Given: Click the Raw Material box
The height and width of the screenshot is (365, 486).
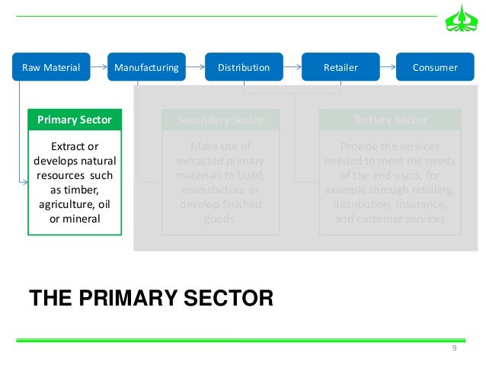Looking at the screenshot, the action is [51, 67].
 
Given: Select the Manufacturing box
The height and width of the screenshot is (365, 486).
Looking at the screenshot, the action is [146, 67].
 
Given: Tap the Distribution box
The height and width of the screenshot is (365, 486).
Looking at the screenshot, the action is [244, 67].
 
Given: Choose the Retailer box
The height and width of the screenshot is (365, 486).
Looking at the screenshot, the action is [341, 67].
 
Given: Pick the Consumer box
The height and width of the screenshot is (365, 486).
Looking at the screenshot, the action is [434, 67].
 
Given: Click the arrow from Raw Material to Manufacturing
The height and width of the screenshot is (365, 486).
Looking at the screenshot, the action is [99, 67].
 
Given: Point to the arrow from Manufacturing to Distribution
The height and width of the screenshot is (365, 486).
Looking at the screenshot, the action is [195, 67].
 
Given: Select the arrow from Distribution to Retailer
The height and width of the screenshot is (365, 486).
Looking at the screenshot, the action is [293, 67].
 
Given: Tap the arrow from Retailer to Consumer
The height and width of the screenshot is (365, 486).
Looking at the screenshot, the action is [388, 67].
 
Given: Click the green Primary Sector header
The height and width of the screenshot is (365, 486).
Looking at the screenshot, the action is [75, 120].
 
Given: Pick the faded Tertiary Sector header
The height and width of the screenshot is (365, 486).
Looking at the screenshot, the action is [390, 120].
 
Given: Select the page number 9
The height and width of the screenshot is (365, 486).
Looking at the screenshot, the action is [454, 348].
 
